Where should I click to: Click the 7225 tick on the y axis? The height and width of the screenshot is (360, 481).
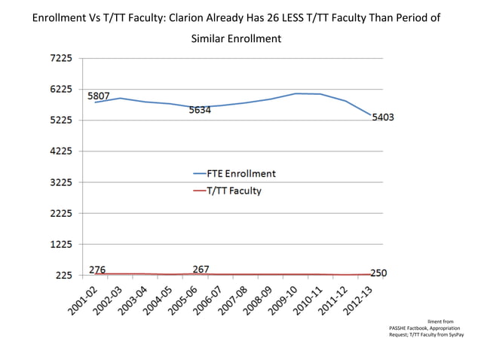(63, 58)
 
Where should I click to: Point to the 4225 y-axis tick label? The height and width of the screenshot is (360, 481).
(63, 151)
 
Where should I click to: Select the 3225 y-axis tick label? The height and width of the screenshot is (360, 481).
(63, 182)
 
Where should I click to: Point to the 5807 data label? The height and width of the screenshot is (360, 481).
(99, 96)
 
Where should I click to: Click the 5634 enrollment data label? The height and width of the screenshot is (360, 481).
(200, 110)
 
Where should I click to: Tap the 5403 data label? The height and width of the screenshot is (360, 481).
(382, 117)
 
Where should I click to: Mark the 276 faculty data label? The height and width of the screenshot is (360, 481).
(97, 269)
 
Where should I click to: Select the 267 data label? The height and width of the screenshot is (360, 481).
(201, 269)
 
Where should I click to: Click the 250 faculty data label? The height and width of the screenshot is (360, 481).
(378, 273)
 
